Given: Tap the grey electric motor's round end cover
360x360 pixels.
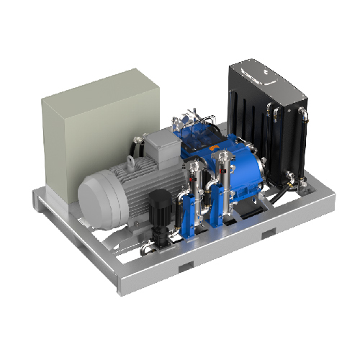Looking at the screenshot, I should coord(97,194).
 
